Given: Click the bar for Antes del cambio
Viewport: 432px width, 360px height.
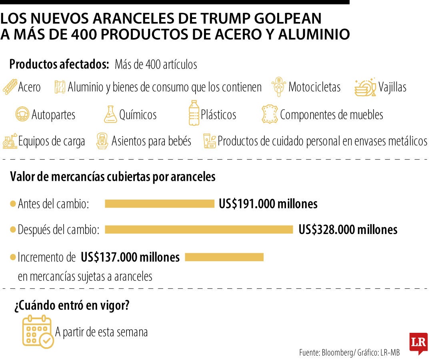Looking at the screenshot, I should pos(160,204).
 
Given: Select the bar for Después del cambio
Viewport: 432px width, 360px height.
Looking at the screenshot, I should pos(199,230).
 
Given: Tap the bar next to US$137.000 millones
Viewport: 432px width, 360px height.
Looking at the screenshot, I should pos(224,257).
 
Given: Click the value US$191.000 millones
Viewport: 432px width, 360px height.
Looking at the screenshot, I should pos(268,204).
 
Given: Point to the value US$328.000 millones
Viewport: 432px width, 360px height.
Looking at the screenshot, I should pos(348,230).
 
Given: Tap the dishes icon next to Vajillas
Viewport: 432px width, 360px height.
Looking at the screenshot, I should pos(365,87).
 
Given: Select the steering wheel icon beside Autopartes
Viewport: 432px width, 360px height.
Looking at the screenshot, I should pos(22,115).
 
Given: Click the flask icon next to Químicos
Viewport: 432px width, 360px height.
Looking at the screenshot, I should pos(110,114).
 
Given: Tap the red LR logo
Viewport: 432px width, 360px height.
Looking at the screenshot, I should pos(418,343).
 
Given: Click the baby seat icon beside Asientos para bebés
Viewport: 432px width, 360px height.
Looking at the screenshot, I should pos(102,141).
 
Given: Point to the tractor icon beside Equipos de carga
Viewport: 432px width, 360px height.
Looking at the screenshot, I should pos(10,141).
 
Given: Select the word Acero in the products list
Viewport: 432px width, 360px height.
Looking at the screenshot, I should pos(29,87).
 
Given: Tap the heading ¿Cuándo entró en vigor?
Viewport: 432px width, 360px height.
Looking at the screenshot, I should pos(72,306).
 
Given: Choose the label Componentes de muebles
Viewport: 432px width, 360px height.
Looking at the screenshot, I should pos(331,115).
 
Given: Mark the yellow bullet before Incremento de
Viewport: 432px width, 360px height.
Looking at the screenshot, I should pos(13,257).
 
